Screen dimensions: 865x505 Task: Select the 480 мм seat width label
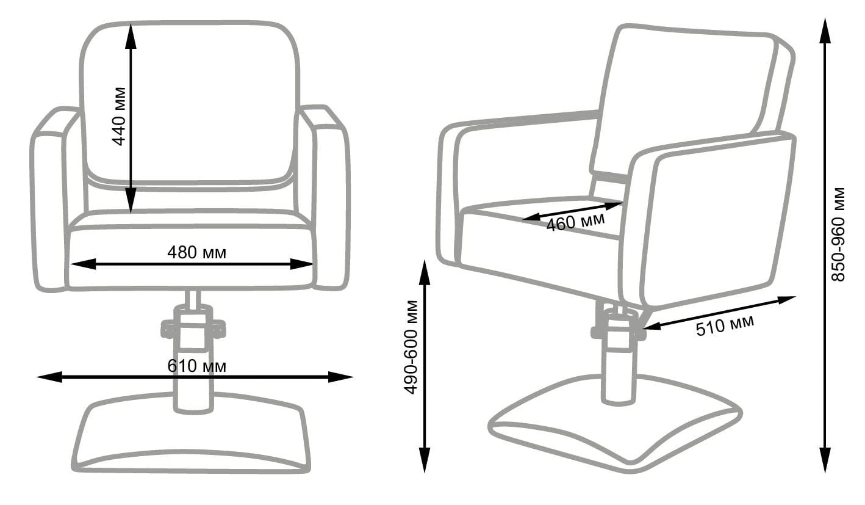click(196, 253)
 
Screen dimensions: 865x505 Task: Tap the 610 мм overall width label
click(196, 366)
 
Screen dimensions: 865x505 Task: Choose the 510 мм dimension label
click(725, 325)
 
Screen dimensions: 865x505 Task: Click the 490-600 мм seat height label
click(411, 347)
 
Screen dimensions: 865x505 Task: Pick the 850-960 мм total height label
click(838, 234)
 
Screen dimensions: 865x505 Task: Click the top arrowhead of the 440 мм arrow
click(131, 35)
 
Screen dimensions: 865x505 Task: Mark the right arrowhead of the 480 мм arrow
click(301, 264)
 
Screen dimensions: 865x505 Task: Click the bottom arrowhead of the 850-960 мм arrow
click(825, 460)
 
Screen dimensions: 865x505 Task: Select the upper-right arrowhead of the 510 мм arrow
click(784, 300)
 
